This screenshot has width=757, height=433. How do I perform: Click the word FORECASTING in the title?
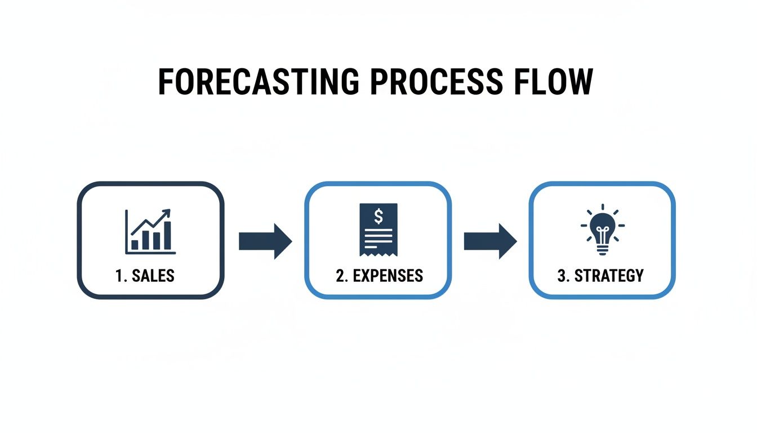coord(259,82)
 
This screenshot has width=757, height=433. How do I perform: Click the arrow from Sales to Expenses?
coord(265,241)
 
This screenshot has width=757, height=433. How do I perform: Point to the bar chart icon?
coord(150,231)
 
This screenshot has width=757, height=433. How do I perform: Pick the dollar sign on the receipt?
coord(378,215)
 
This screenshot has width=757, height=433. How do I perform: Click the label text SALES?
coord(153,276)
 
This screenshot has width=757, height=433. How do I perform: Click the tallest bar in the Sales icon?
coord(167,235)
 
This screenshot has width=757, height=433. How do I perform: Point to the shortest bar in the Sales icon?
coord(135,244)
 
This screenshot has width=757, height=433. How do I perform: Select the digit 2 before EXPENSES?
coord(340,276)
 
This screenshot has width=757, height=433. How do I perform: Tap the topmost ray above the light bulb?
coord(602,207)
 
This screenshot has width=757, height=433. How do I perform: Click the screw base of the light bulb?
coord(602,250)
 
